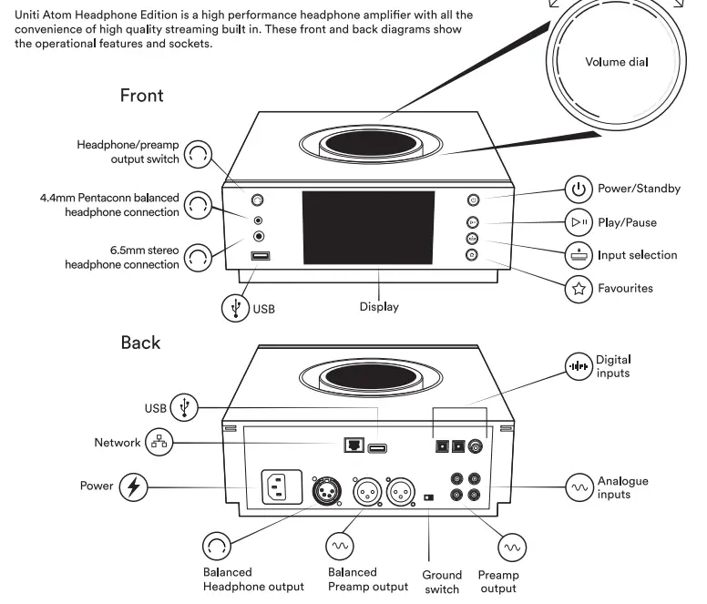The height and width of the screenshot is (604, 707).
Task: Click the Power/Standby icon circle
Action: (x=578, y=189)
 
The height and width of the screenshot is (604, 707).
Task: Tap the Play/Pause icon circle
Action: (x=578, y=222)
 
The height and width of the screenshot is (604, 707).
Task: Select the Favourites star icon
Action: (x=578, y=289)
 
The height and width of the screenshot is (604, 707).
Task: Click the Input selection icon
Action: (x=578, y=255)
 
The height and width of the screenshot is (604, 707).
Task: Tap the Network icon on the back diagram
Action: (x=160, y=443)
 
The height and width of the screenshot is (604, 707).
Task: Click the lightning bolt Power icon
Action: (x=135, y=486)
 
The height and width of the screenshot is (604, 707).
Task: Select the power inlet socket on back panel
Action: (x=282, y=488)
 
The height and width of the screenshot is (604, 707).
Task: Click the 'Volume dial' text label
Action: (x=617, y=63)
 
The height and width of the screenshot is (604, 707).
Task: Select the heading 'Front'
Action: (x=141, y=96)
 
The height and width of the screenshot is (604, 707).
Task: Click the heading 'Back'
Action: (x=140, y=343)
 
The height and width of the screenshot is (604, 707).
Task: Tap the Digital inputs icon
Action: (x=578, y=367)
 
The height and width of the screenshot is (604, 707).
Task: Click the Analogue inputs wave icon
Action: (x=579, y=487)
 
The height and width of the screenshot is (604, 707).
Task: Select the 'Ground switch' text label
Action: (x=442, y=581)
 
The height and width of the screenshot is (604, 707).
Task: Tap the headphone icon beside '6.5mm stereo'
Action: (x=196, y=258)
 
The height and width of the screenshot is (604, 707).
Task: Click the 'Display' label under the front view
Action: (x=378, y=307)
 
